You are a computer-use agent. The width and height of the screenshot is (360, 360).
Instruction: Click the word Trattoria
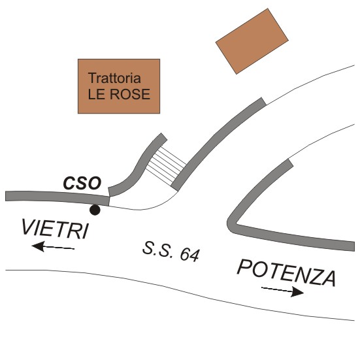114,78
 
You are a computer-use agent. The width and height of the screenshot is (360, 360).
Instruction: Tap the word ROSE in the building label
130,94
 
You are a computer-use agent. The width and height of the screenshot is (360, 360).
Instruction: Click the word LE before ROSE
97,94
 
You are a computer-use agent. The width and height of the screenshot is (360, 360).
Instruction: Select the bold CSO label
82,183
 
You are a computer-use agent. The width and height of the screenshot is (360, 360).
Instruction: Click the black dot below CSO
95,210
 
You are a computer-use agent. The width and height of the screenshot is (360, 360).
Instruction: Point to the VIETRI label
55,229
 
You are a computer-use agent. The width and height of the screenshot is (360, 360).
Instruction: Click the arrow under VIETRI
53,247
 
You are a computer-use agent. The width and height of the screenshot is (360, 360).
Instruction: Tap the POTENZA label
287,272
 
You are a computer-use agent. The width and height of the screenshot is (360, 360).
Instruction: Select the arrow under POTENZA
283,290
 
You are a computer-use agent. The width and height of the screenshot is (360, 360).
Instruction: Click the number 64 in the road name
189,255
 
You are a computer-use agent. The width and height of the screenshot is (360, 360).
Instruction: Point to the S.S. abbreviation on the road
157,250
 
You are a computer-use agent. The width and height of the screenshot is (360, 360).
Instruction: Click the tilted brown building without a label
252,41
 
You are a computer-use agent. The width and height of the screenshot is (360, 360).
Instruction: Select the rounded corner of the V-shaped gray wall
231,224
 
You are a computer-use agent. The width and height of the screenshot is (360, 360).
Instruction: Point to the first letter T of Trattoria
93,78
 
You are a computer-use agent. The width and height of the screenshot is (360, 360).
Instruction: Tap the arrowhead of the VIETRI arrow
38,246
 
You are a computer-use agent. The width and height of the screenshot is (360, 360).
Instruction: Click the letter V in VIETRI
29,226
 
